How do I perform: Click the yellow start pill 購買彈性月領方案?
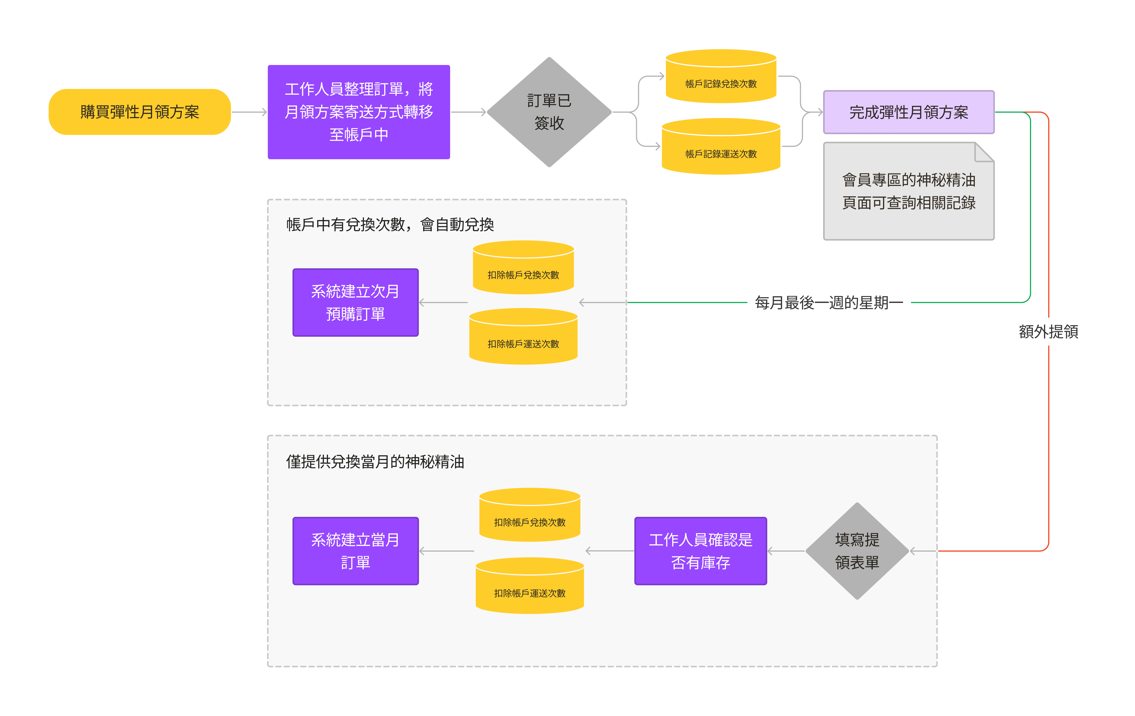[140, 112]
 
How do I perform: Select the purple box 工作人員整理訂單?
[359, 112]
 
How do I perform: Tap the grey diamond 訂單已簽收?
[549, 112]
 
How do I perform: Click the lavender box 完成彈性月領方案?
[909, 112]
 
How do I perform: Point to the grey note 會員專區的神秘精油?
[909, 191]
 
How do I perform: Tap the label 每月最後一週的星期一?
[829, 302]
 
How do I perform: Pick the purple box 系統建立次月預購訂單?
[355, 302]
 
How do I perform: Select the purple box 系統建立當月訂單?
[355, 551]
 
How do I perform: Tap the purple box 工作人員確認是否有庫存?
[700, 551]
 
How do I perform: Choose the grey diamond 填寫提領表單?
[857, 551]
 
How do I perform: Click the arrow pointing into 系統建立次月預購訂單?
[443, 302]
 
